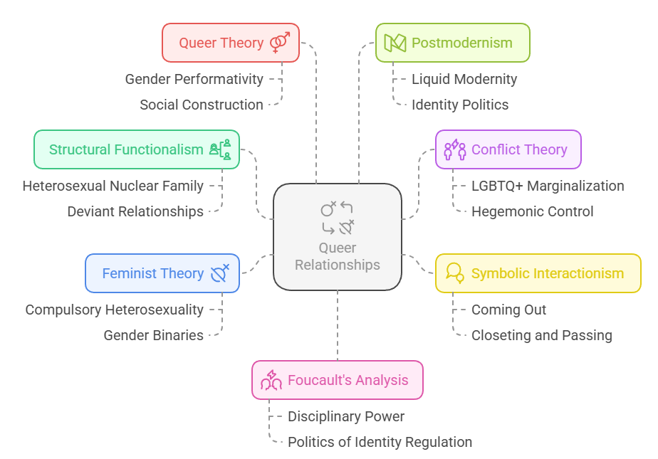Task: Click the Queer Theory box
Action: coord(230,43)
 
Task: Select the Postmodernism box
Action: coord(452,43)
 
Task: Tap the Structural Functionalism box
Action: coord(137,149)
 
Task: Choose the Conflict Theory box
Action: coord(508,149)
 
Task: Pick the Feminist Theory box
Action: coord(162,273)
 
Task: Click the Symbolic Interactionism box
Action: coord(538,273)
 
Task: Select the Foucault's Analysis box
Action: coord(337,380)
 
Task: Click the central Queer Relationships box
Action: coord(338,237)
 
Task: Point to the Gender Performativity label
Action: coord(194,79)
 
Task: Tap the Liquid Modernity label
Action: coord(464,79)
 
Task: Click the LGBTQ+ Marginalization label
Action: coord(548,186)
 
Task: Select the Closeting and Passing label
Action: coord(541,335)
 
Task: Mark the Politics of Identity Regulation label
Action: coord(380,442)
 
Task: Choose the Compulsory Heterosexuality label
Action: coord(114,310)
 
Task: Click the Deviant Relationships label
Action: coord(135,211)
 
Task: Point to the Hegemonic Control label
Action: coord(532,211)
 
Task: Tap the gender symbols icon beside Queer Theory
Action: coord(280,43)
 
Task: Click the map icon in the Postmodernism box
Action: coord(395,43)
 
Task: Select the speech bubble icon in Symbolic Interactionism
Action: coord(454,273)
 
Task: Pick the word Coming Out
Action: coord(508,310)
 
